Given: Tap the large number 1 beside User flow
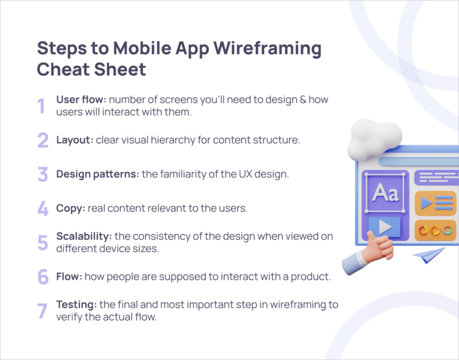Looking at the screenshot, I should (x=41, y=106).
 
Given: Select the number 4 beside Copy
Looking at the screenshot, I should (x=42, y=208).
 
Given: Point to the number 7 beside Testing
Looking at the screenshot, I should (x=42, y=311).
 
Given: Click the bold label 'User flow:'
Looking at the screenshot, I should (x=81, y=99).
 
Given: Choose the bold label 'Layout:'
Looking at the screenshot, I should (x=75, y=140).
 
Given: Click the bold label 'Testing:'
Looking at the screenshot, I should (x=76, y=304).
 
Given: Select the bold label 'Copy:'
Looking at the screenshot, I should (x=71, y=208).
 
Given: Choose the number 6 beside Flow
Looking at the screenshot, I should (x=42, y=276).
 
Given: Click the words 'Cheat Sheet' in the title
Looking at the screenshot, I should (x=91, y=69).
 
